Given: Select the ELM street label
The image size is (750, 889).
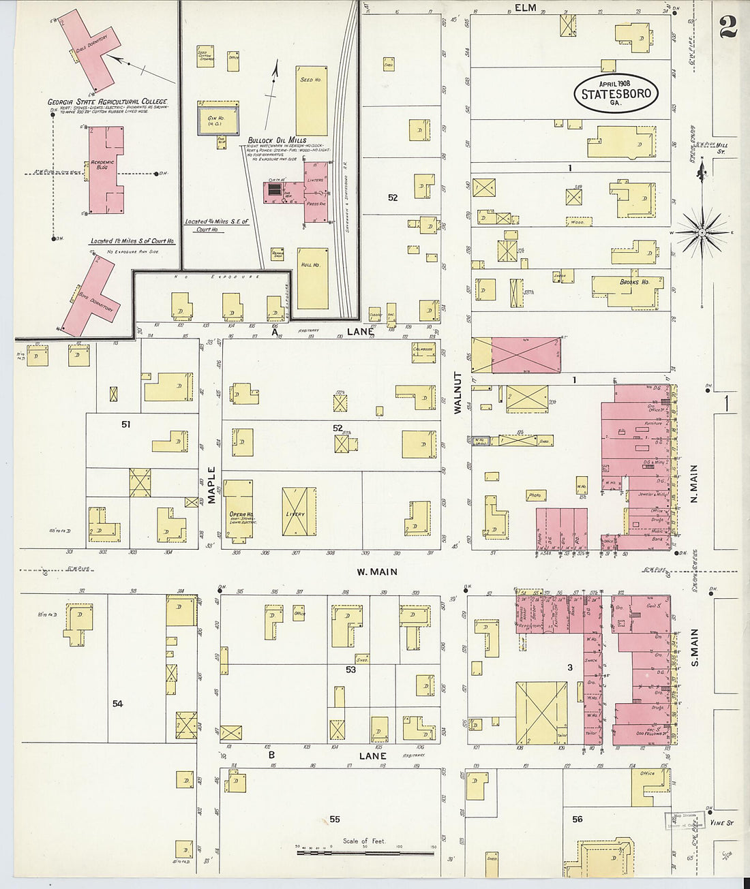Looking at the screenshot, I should (526, 8).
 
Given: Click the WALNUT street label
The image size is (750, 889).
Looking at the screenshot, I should (458, 393).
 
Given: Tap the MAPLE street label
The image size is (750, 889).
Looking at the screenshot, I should (211, 484).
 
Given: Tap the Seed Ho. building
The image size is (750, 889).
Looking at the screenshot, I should (311, 101).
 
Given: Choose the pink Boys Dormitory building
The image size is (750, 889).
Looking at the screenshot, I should (89, 296).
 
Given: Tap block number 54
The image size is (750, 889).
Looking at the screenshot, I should (117, 703).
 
